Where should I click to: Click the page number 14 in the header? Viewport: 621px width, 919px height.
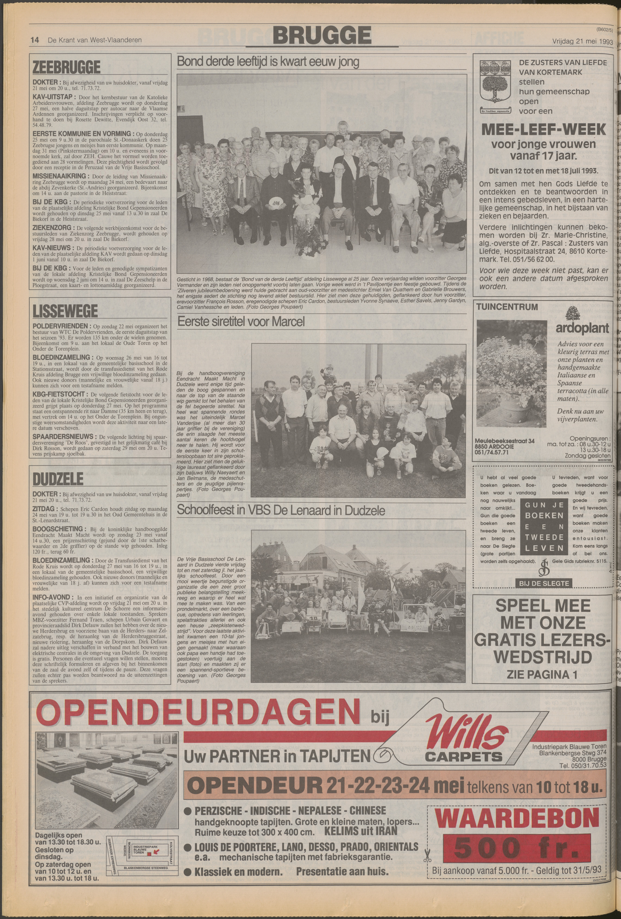tap(35, 40)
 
